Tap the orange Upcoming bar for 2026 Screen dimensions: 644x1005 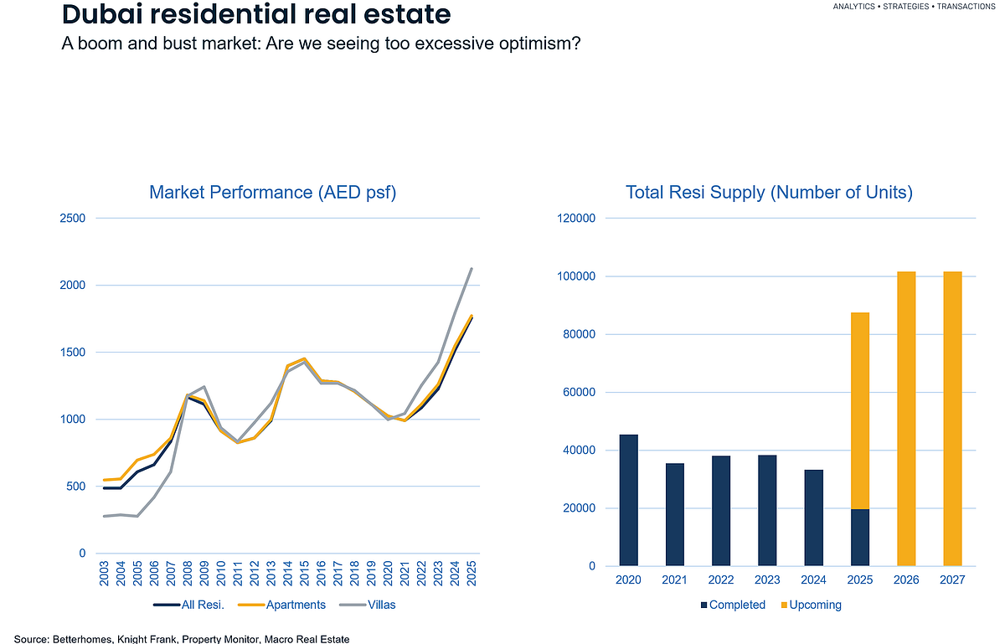click(906, 419)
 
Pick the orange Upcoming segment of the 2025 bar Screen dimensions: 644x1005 click(859, 410)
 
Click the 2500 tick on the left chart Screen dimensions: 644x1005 click(72, 219)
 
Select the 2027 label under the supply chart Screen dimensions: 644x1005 click(952, 580)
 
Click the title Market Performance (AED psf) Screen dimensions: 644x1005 click(272, 193)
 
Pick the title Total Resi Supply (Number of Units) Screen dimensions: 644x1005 click(769, 193)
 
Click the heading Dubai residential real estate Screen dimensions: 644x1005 click(256, 14)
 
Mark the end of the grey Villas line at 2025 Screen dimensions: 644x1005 click(472, 269)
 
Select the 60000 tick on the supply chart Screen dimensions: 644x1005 click(577, 392)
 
